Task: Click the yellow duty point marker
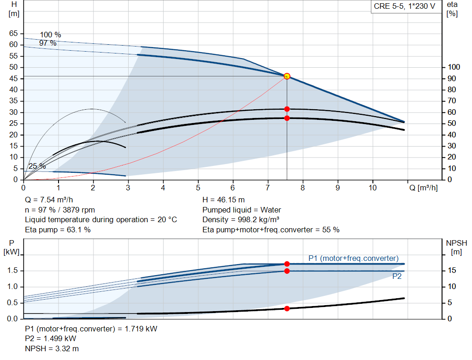(287, 76)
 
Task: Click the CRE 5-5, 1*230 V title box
(404, 7)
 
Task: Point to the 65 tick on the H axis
(13, 34)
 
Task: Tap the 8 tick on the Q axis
(302, 188)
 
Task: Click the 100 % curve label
(50, 35)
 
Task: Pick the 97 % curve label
(47, 43)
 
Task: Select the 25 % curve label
(37, 166)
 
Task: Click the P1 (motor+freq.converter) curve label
(354, 258)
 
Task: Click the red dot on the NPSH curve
(287, 308)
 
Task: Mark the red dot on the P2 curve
(287, 271)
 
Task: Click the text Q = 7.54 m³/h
(48, 200)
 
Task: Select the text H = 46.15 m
(224, 200)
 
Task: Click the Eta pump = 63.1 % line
(58, 230)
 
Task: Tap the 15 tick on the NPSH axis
(452, 271)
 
